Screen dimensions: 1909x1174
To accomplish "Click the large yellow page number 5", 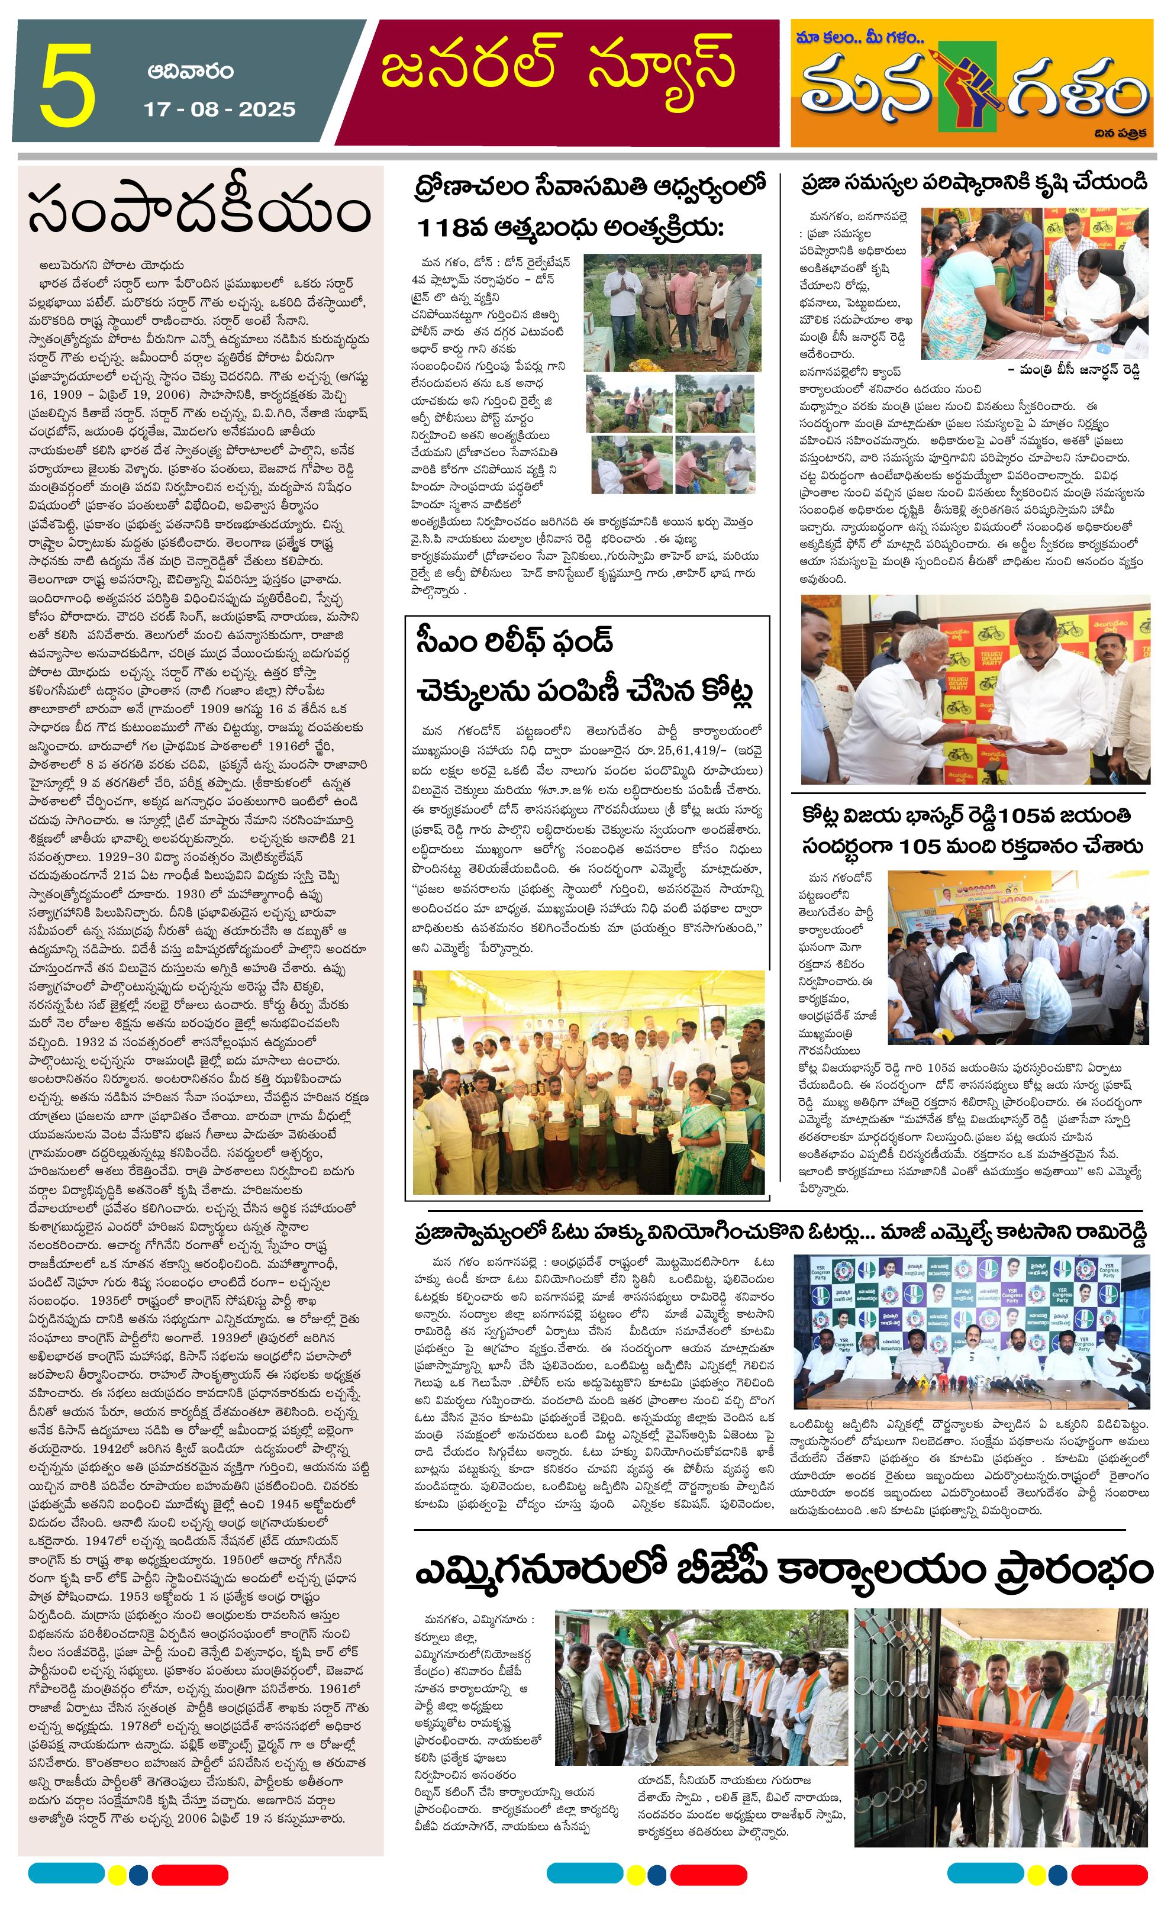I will click(x=68, y=87).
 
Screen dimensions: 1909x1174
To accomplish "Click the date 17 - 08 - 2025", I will click(x=220, y=109).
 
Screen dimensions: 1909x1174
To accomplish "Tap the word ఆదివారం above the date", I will click(x=190, y=72).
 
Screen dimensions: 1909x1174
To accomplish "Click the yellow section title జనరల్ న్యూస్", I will click(x=557, y=67).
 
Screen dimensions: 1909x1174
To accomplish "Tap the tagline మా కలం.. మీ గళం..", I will click(x=860, y=37).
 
